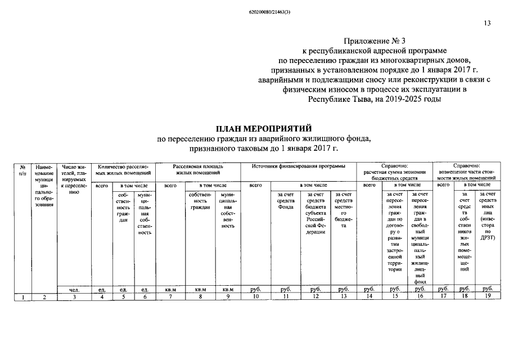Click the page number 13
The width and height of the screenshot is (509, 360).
[x=487, y=23]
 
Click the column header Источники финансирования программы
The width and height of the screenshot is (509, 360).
[x=299, y=166]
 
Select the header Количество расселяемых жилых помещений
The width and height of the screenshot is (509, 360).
[x=123, y=170]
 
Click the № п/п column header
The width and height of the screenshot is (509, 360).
[x=22, y=170]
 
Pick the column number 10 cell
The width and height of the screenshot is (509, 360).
[x=256, y=296]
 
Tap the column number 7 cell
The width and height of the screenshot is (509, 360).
[x=171, y=296]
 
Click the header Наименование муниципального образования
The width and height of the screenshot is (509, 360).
[x=43, y=186]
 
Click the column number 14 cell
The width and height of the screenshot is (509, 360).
[x=369, y=296]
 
